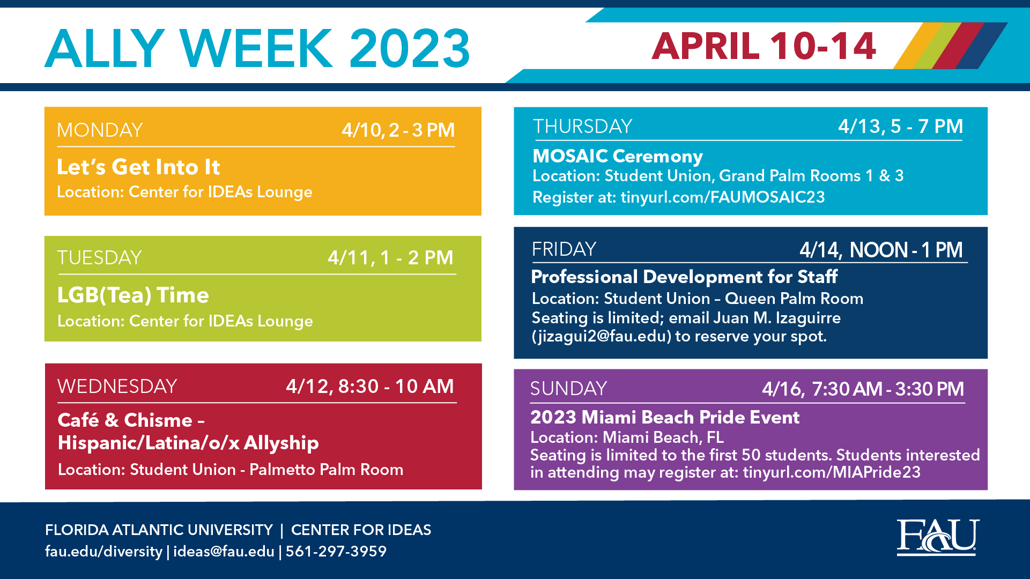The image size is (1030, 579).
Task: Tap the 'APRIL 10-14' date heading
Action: [x=764, y=46]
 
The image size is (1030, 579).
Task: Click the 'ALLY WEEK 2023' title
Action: [x=257, y=48]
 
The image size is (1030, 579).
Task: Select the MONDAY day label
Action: [x=100, y=130]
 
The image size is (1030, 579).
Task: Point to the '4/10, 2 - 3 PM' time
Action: [x=398, y=130]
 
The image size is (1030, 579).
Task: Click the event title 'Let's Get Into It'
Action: [x=138, y=167]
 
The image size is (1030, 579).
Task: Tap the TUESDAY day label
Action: [x=100, y=258]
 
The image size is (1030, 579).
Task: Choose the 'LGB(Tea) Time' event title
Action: [x=133, y=295]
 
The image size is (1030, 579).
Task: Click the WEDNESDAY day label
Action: [x=117, y=387]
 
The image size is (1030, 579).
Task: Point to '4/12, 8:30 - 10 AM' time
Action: [x=369, y=386]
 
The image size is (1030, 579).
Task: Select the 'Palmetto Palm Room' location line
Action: [x=231, y=470]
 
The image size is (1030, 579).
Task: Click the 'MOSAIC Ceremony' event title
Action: [x=618, y=156]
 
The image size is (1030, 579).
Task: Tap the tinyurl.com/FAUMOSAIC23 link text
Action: [x=723, y=197]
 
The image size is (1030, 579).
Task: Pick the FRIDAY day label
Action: [x=564, y=249]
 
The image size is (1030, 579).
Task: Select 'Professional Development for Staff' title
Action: [x=684, y=277]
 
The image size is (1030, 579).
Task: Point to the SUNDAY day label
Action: [x=568, y=389]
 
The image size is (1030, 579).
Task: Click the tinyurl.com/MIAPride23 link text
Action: [x=832, y=472]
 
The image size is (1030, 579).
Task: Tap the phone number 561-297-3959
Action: [x=336, y=551]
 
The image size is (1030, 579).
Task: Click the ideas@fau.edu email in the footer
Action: [x=224, y=551]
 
